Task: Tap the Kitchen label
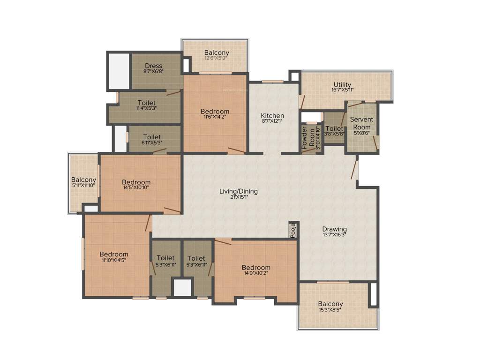coord(272,116)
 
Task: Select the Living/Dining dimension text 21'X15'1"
coord(239,197)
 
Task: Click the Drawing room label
coord(334,229)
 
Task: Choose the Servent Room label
coord(361,123)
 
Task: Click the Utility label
coord(342,85)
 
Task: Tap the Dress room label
coord(153,66)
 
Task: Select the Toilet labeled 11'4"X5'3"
coord(146,103)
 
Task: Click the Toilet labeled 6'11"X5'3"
coord(152,137)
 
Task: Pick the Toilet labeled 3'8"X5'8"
coord(334,128)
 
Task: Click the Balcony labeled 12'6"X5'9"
coord(217,52)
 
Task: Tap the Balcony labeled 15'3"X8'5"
coord(330,304)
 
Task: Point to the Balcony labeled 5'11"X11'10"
coord(83,180)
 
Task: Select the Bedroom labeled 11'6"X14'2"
coord(215,112)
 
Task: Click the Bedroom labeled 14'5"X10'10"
coord(136,182)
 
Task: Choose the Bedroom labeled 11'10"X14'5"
coord(113,254)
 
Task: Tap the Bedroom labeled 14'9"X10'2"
coord(256,268)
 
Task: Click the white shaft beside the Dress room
coord(119,71)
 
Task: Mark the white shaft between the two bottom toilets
coord(182,287)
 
